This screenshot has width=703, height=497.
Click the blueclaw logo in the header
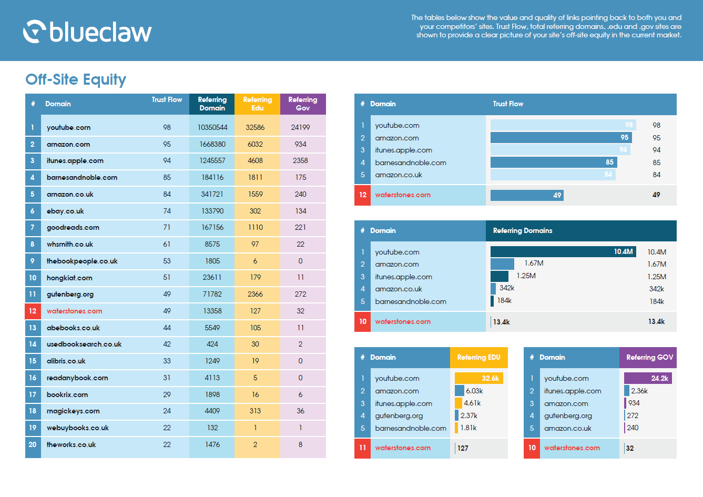(x=87, y=32)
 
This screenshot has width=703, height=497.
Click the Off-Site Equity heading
(x=76, y=79)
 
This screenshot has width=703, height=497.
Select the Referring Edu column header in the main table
(x=257, y=104)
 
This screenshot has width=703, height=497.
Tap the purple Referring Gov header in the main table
(x=303, y=104)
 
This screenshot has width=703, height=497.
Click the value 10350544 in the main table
(x=212, y=127)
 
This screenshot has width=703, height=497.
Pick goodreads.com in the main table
(x=73, y=228)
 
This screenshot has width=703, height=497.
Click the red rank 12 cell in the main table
(x=33, y=311)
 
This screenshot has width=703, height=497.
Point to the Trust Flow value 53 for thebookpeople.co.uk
(x=167, y=261)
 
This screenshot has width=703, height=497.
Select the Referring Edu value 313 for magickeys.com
(x=255, y=411)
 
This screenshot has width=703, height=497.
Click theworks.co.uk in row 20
(x=71, y=445)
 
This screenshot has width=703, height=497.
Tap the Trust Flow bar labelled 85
(x=553, y=163)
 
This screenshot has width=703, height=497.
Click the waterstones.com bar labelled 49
(x=526, y=195)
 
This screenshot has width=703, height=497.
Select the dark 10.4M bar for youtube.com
(x=563, y=252)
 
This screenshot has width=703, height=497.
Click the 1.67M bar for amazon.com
(x=502, y=264)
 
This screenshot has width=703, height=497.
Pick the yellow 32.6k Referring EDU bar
(x=478, y=378)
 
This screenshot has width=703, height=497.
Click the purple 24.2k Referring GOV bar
(x=648, y=378)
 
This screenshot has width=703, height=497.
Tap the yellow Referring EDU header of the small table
(x=478, y=357)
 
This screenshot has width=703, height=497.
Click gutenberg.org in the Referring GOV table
(x=568, y=416)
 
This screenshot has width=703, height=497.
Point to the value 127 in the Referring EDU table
(x=463, y=448)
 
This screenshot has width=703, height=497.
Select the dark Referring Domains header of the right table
(x=580, y=230)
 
